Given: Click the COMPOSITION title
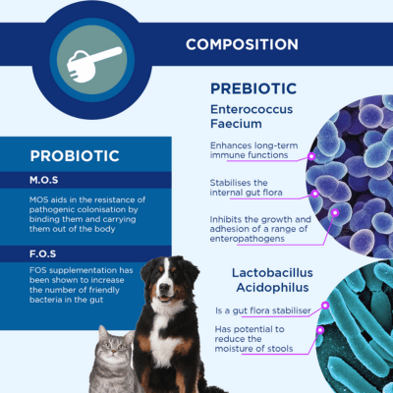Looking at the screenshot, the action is coord(242,44).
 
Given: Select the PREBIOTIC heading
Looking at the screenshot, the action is coord(253,88).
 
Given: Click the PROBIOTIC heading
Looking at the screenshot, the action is coord(75,156).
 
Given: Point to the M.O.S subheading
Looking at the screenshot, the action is coord(44,180).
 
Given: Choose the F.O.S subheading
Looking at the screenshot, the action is coord(43,253).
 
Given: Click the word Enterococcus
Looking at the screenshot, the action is coord(252,109).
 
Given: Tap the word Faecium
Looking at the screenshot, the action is coord(236,124).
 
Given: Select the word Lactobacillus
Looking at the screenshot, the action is coord(272,273).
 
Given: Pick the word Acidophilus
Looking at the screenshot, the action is coord(272,288).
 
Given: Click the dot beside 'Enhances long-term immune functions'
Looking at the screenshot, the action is coord(311,156).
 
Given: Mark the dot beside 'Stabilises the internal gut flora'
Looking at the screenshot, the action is coord(314,194).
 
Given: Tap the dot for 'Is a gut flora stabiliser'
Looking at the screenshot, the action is coord(325,306).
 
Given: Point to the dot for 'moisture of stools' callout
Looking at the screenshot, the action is coord(320,330).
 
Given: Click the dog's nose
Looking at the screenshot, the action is coord(164,287).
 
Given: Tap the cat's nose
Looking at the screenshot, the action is coord(113,352).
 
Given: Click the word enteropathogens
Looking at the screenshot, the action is coord(248,239).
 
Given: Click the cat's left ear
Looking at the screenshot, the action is coord(103,333).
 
